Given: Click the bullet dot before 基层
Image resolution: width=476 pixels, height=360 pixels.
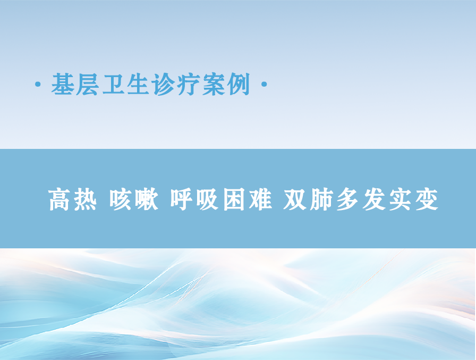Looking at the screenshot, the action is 38,84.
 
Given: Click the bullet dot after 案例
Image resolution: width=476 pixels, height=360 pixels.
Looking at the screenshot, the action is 264,84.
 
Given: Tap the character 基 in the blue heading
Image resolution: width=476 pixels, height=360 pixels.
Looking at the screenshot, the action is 63,84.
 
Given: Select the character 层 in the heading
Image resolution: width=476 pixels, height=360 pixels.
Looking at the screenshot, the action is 88,84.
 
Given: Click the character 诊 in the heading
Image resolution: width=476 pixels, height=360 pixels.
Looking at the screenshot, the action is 164,84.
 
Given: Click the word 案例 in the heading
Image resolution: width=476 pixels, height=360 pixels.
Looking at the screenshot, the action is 226,84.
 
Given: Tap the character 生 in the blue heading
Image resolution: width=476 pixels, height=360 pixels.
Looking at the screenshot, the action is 139,84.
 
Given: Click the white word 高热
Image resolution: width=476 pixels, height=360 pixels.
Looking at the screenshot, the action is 73,199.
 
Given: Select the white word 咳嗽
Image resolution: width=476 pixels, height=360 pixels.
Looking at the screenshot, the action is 134,199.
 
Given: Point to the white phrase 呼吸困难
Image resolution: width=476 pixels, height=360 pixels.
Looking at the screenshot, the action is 220,199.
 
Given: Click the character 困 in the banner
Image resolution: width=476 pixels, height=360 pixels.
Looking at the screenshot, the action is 234,199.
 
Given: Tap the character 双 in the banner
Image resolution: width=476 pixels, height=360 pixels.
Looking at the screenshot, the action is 295,199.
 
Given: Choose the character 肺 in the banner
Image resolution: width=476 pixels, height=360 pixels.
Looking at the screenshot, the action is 321,199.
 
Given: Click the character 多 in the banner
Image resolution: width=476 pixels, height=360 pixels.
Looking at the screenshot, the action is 347,199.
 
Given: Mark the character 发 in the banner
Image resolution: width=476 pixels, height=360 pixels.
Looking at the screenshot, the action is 373,199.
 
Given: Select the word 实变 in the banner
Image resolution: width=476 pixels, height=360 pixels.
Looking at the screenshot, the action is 413,199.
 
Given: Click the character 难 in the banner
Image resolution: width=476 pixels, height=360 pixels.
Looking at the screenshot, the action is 260,199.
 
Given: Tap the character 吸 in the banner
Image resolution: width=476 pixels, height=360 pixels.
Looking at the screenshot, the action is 207,199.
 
